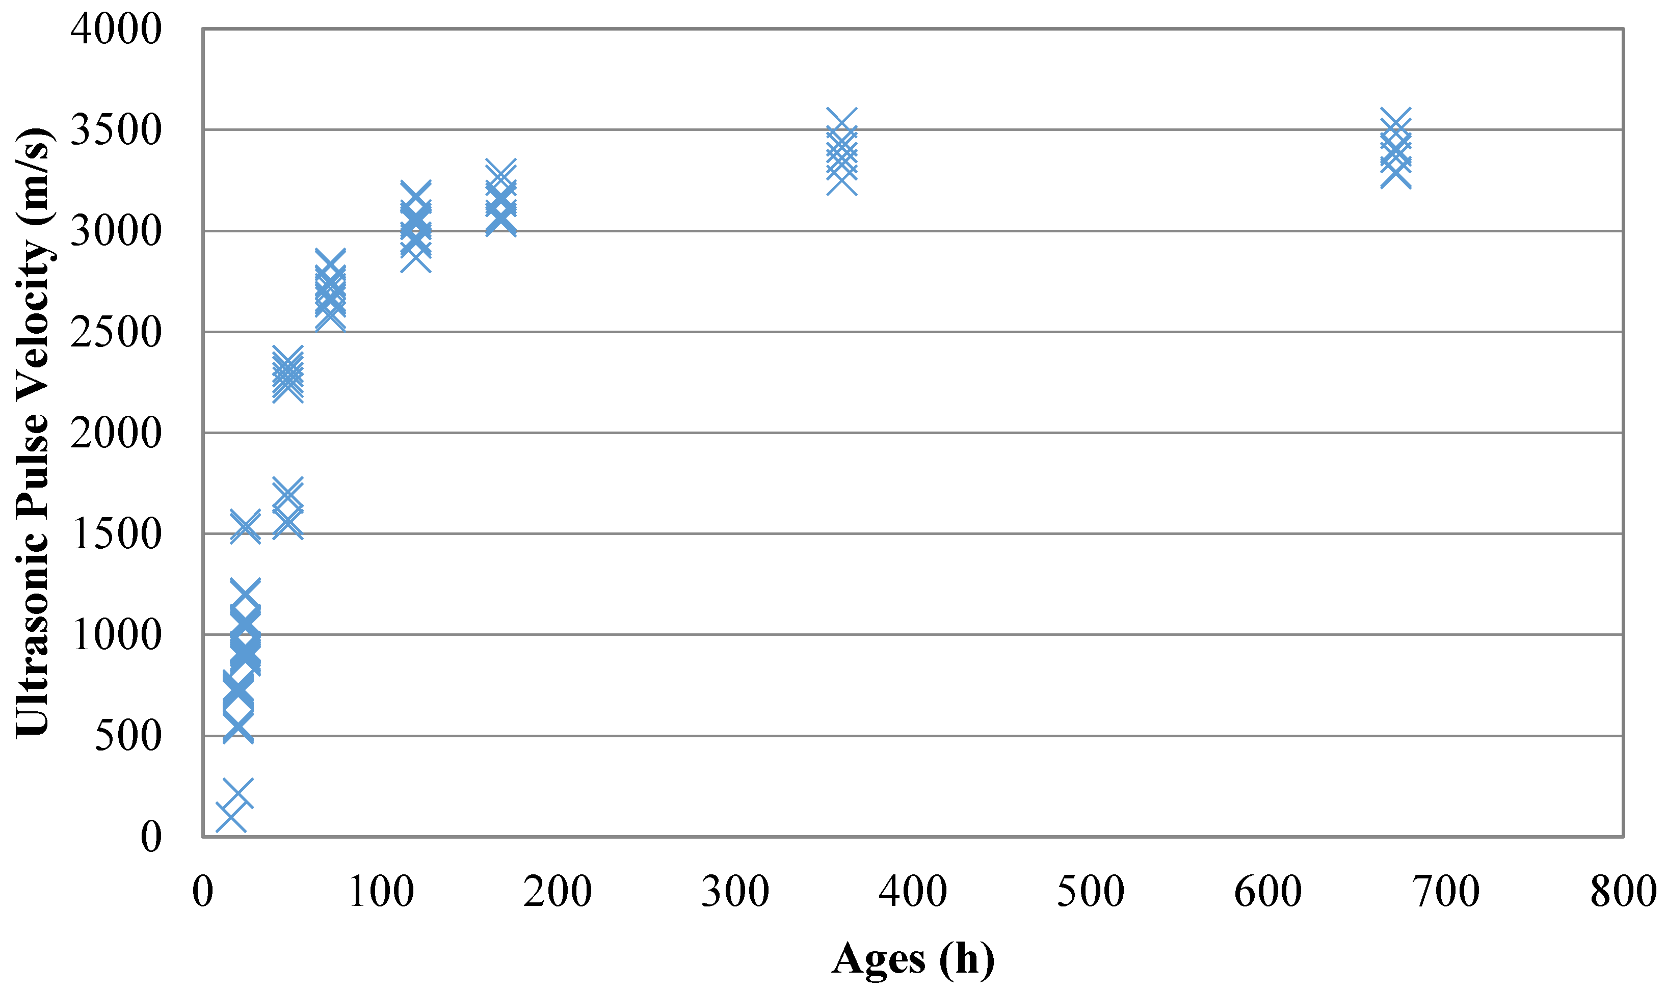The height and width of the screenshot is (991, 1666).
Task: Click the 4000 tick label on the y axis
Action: [x=116, y=30]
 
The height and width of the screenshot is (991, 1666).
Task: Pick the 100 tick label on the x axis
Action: [x=381, y=892]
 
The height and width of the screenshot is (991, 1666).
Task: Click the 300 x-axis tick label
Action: [x=735, y=892]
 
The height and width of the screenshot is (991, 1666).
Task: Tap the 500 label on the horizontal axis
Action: [x=1091, y=892]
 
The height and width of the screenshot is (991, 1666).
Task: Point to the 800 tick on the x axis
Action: [x=1623, y=892]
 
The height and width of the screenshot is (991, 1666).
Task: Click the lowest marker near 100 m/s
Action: [x=231, y=817]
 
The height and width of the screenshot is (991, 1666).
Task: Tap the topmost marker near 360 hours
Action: [x=841, y=123]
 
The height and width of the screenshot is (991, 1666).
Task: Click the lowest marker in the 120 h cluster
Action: [x=415, y=257]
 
